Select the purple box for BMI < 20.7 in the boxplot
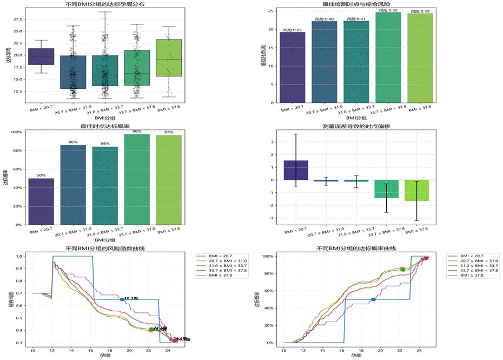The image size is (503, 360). click(x=41, y=56)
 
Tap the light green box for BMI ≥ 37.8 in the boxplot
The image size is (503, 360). click(x=169, y=57)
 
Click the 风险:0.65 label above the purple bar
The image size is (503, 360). click(x=293, y=30)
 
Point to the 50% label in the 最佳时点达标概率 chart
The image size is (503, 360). click(x=41, y=175)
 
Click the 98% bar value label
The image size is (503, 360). click(x=137, y=131)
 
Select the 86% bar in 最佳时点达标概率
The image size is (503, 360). click(x=73, y=184)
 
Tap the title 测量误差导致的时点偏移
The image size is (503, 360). click(x=356, y=126)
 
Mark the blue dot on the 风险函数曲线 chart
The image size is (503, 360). click(x=122, y=299)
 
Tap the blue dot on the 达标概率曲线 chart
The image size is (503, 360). click(x=373, y=299)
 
